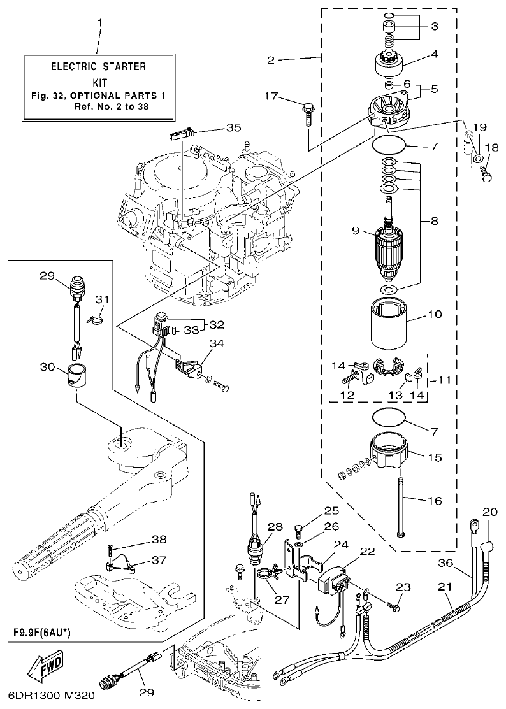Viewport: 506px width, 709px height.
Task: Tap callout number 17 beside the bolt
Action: tap(272, 96)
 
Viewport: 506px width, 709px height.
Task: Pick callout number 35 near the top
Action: tap(233, 127)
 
